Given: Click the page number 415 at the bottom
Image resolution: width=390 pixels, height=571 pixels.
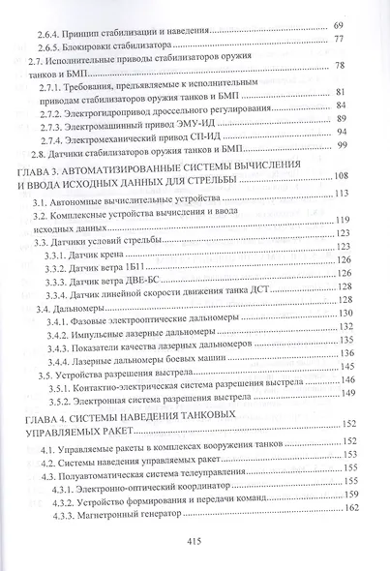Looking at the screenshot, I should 195,545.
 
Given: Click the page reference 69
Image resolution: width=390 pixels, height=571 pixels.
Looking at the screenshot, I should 365,23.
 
